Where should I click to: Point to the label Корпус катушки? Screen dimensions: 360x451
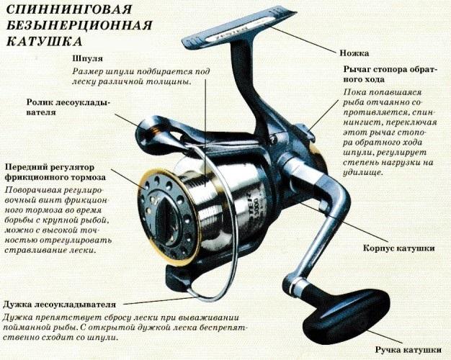[397, 248]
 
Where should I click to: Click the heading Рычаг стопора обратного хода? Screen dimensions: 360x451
[390, 73]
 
